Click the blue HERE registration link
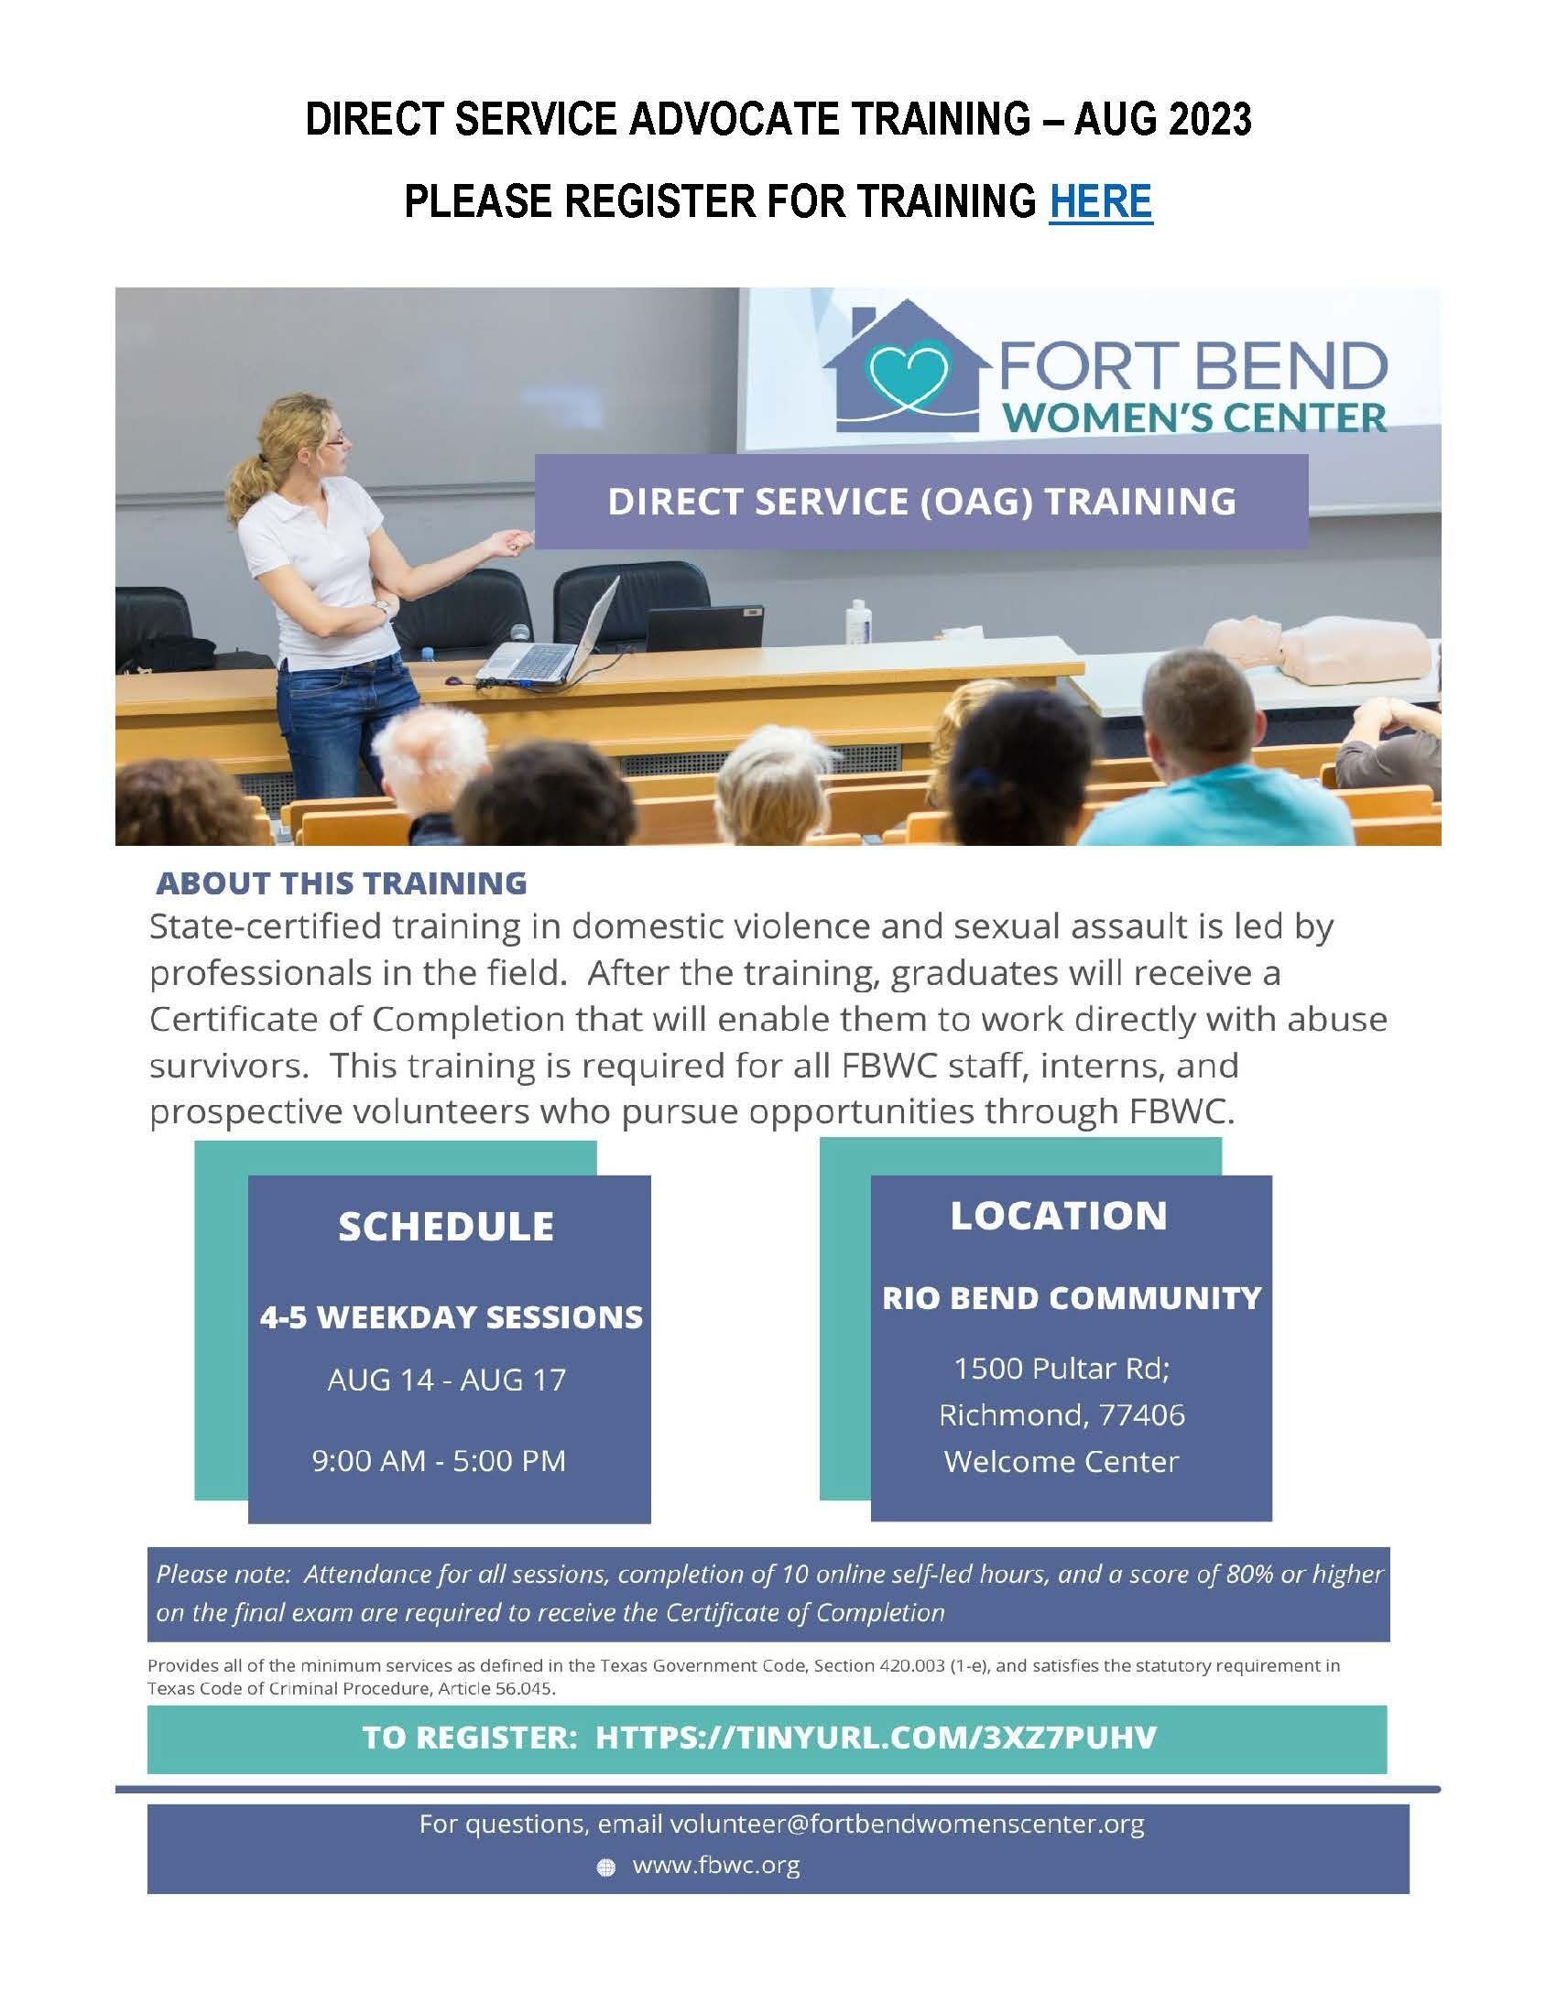(x=1100, y=200)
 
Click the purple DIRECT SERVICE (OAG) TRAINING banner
(x=920, y=501)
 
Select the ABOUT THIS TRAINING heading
(x=342, y=882)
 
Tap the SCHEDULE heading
(x=446, y=1227)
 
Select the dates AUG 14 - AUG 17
(x=447, y=1380)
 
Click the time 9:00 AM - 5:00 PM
(x=439, y=1461)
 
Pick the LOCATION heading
(x=1059, y=1216)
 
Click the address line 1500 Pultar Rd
(x=1062, y=1369)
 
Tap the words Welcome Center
(x=1062, y=1462)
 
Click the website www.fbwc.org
(x=716, y=1866)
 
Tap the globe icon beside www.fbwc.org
(x=606, y=1868)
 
